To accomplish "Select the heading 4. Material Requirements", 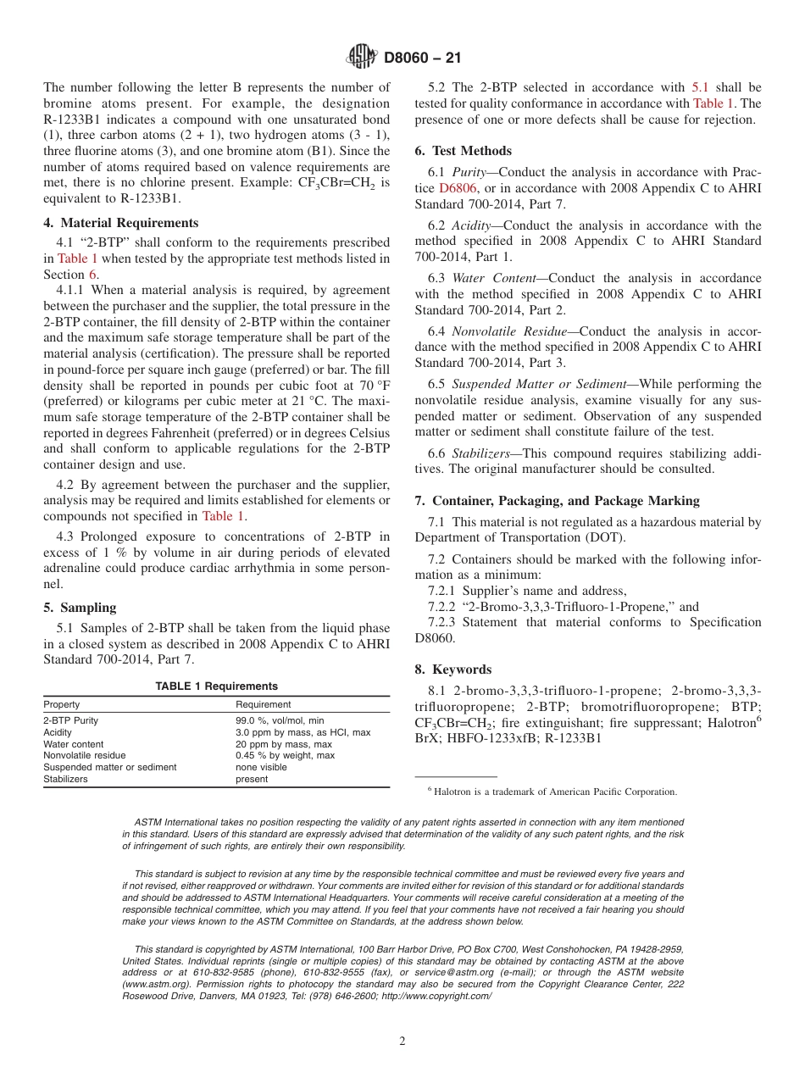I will [121, 223].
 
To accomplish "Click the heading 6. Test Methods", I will [463, 151].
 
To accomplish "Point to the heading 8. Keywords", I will [452, 646].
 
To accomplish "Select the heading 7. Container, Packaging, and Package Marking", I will [557, 501].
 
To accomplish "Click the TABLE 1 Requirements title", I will [216, 686].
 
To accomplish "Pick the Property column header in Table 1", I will [62, 704].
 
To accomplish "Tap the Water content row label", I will [74, 744].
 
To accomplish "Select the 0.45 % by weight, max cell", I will [285, 755].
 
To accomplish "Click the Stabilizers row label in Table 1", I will [65, 779].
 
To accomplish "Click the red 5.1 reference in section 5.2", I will [701, 87].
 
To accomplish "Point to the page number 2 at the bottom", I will [402, 1042].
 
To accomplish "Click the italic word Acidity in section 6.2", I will [470, 225].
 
